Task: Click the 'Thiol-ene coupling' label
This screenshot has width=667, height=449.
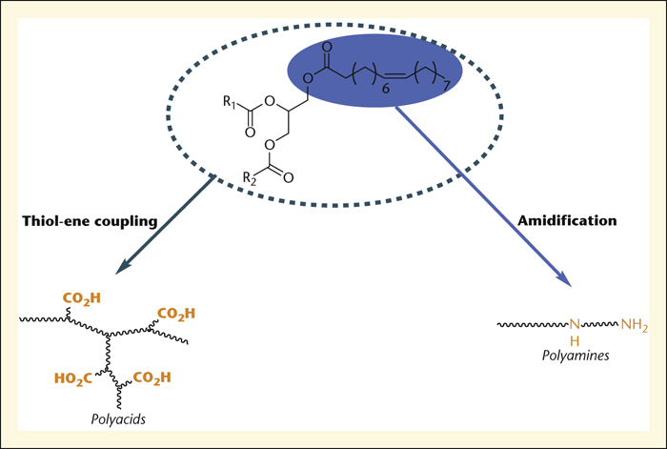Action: (90, 222)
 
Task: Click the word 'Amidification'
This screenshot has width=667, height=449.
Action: (567, 220)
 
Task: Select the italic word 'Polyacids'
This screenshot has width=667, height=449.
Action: (118, 419)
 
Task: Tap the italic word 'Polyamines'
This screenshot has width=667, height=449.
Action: (576, 356)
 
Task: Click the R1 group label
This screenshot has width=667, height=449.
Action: (230, 103)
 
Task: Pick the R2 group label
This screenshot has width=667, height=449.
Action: (250, 178)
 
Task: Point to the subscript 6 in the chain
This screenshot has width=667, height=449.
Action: (385, 89)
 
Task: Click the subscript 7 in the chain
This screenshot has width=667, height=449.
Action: (446, 87)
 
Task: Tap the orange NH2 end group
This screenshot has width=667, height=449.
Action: (635, 325)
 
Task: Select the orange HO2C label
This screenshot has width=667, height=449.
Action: (73, 378)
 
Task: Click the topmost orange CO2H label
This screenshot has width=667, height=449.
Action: (82, 298)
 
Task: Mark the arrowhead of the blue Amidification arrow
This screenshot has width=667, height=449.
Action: (565, 281)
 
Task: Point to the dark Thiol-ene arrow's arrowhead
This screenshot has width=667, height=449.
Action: (122, 268)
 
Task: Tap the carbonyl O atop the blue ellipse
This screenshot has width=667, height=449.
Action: (327, 47)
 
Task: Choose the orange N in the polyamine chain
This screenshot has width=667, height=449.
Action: (575, 325)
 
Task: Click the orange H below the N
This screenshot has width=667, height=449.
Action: (575, 341)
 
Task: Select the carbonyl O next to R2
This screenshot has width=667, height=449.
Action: (289, 177)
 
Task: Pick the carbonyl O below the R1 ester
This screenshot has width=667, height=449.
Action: (250, 133)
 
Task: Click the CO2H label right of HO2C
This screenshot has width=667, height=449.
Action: (152, 378)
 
